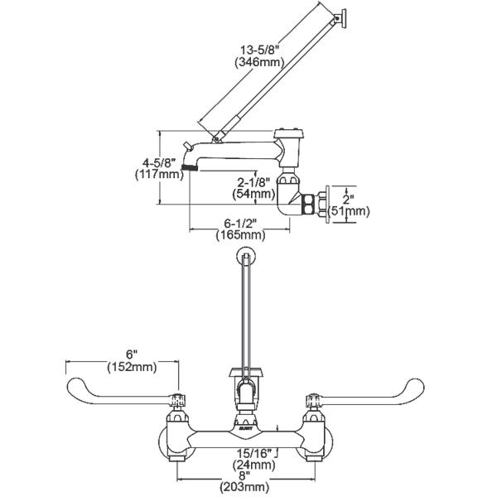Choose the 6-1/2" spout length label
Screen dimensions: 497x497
tap(241, 221)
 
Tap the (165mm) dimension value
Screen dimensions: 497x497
tap(241, 234)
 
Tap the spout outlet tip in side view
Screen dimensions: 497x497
tap(191, 167)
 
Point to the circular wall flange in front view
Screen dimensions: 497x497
tap(245, 256)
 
